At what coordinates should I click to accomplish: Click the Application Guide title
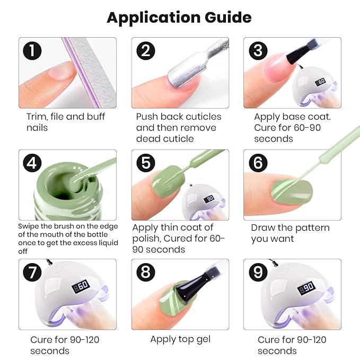point(179,17)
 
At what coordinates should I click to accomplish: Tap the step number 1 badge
point(33,51)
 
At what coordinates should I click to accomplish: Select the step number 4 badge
point(33,163)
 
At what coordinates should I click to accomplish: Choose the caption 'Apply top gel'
point(180,339)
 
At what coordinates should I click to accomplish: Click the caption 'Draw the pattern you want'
point(290,233)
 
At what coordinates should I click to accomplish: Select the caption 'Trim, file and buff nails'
point(66,122)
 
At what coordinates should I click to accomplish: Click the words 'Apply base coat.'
point(292,117)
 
